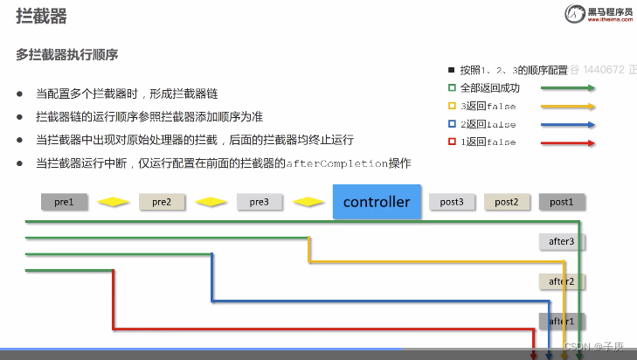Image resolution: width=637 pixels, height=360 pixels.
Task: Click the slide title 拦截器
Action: point(41,17)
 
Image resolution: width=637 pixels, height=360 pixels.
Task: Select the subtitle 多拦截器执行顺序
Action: point(67,54)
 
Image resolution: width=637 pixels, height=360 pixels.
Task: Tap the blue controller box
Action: point(377,202)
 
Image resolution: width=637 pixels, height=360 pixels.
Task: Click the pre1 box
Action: point(64,202)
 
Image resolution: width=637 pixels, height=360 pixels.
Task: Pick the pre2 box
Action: point(162,202)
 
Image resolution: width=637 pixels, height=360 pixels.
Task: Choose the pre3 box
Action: point(259,202)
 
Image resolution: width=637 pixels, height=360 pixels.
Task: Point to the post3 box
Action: point(452,202)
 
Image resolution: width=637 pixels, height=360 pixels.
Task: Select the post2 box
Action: point(507,202)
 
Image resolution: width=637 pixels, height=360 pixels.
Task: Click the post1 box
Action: point(561,202)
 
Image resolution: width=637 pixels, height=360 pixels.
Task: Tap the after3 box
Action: point(561,241)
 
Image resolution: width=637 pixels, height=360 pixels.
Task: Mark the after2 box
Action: point(561,281)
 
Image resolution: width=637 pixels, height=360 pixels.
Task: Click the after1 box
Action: point(561,322)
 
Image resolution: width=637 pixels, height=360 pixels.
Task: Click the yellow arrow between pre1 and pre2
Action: point(113,202)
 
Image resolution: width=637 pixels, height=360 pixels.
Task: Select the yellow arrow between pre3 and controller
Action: point(309,202)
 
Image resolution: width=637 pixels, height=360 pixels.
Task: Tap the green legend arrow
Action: point(568,88)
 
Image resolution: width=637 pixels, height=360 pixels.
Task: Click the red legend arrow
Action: point(568,142)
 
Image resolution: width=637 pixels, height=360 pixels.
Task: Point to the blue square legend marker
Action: point(452,124)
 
